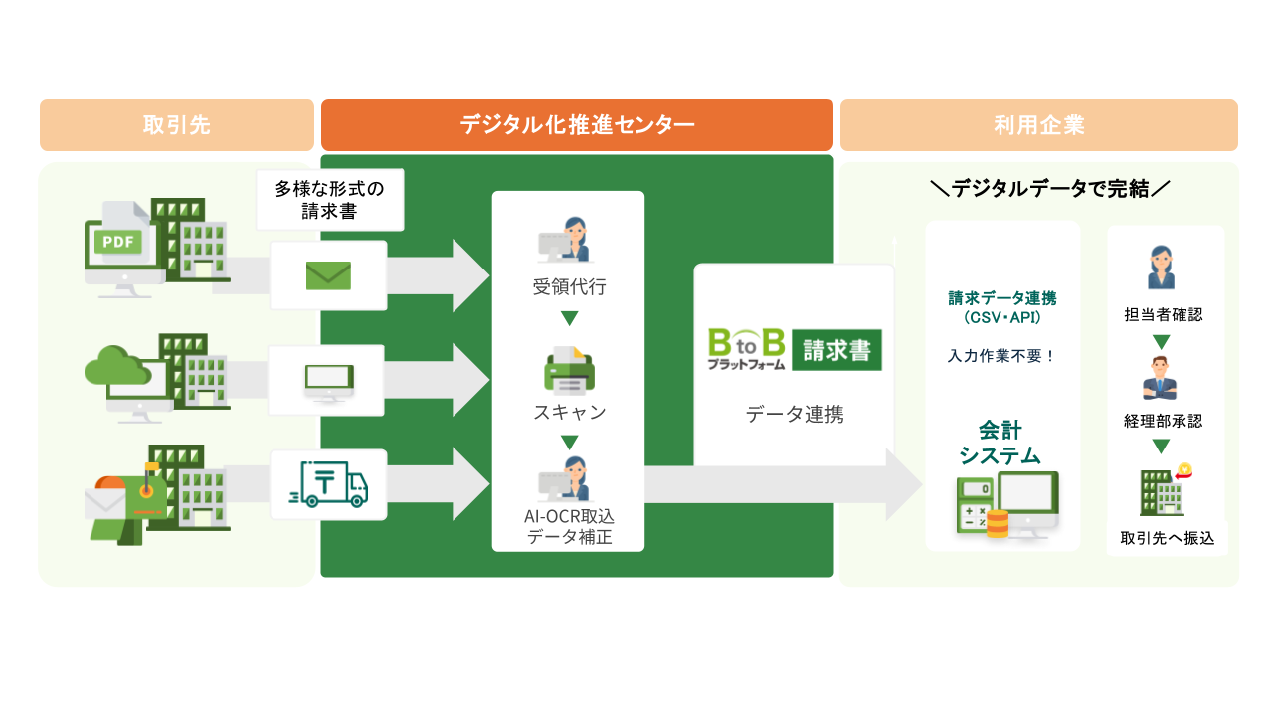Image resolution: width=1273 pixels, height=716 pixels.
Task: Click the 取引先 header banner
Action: (176, 125)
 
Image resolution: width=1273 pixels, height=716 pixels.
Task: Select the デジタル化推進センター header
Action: (577, 125)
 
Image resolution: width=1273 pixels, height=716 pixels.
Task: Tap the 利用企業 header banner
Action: (1038, 125)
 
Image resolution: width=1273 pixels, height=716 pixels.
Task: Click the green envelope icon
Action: (328, 275)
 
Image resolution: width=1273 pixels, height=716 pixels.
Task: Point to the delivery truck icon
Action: (328, 484)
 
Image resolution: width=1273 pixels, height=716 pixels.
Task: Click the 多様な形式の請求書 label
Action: (329, 199)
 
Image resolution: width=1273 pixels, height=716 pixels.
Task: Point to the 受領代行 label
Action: (569, 288)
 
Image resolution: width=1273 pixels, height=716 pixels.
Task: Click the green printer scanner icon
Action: (569, 370)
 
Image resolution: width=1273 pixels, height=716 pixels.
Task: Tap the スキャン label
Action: (569, 412)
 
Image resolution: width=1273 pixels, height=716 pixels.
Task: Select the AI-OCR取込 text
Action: (569, 517)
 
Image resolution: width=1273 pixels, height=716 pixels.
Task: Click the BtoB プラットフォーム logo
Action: (746, 350)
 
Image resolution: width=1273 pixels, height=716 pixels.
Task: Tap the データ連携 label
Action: (795, 415)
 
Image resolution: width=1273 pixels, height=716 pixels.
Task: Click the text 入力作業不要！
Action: (1002, 356)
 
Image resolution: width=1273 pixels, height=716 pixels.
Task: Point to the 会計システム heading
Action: (1000, 444)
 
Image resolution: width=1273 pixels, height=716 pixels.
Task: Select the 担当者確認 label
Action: (1163, 315)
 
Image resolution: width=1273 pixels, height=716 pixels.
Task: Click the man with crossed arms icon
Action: (1161, 378)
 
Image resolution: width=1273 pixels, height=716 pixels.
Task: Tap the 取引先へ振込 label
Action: (1167, 538)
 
